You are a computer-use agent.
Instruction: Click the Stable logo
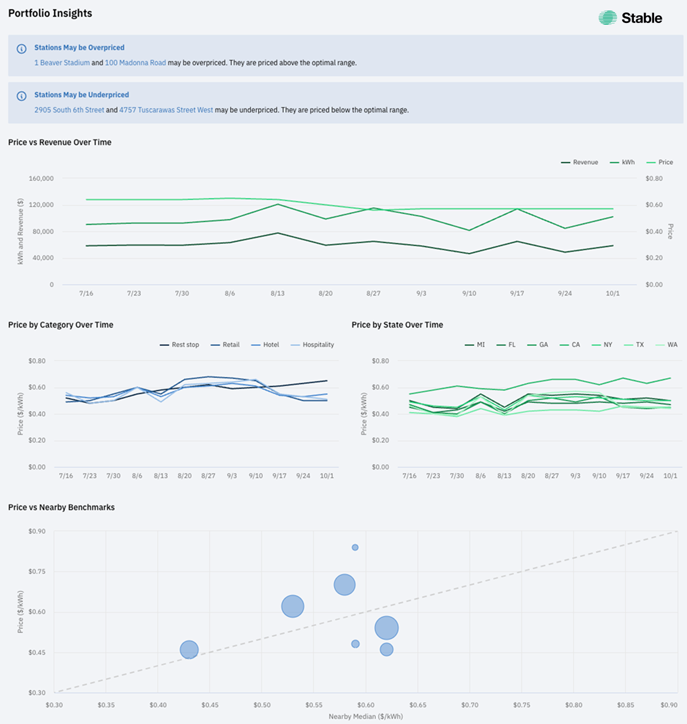(630, 18)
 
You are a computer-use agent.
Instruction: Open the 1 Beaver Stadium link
(62, 62)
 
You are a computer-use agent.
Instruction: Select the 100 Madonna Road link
(135, 62)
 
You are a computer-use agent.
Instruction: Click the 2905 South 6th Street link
(69, 110)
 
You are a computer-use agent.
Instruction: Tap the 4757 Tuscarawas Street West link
(166, 110)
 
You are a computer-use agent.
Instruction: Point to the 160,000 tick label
(41, 178)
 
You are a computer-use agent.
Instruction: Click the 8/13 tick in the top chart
(278, 293)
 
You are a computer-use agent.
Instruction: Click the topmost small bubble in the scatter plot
(355, 547)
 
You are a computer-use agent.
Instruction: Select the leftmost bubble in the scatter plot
(189, 650)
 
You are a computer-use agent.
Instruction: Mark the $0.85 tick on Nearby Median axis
(626, 705)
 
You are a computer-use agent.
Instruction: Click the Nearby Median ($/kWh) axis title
(366, 716)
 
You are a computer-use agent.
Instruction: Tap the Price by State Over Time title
(397, 325)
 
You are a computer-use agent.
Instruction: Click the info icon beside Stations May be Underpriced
(22, 95)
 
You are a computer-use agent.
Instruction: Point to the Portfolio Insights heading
(50, 13)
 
